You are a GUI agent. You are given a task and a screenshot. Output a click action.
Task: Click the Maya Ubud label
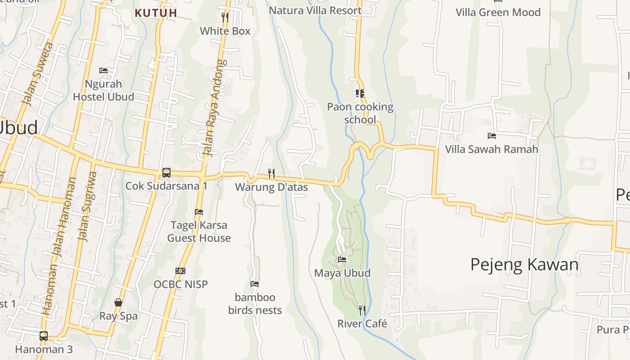(342, 273)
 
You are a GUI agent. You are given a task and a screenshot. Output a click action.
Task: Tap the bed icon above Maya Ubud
(342, 260)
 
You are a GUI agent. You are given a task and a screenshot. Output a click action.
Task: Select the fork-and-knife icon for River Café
(362, 310)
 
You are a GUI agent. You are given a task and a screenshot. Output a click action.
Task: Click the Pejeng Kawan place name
(524, 265)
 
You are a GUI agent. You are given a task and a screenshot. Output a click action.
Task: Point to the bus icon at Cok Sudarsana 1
(166, 172)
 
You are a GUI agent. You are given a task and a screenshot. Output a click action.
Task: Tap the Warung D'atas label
(271, 187)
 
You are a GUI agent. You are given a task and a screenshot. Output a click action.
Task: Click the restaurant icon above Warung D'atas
(271, 173)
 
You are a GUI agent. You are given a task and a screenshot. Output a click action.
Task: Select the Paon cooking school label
(360, 113)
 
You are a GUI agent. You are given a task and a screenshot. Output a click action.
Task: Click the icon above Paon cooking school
(360, 93)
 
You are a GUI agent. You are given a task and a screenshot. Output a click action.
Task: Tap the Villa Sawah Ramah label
(491, 149)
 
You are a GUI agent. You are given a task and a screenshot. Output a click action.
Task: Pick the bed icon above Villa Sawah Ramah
(491, 135)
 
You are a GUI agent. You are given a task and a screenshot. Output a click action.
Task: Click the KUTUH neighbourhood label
(156, 13)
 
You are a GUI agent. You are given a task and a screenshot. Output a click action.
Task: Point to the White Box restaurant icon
(225, 18)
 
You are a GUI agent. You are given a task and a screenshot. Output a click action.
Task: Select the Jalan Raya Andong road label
(214, 108)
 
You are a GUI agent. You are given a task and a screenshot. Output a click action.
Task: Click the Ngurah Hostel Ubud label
(103, 90)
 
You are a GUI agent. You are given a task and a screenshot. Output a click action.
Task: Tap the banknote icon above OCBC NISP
(180, 271)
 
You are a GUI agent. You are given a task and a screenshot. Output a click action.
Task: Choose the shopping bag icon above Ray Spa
(118, 302)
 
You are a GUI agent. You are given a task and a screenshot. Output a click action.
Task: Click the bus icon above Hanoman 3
(44, 336)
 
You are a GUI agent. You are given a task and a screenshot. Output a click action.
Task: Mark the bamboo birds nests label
(255, 304)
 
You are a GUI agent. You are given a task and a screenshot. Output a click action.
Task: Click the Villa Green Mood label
(498, 12)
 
